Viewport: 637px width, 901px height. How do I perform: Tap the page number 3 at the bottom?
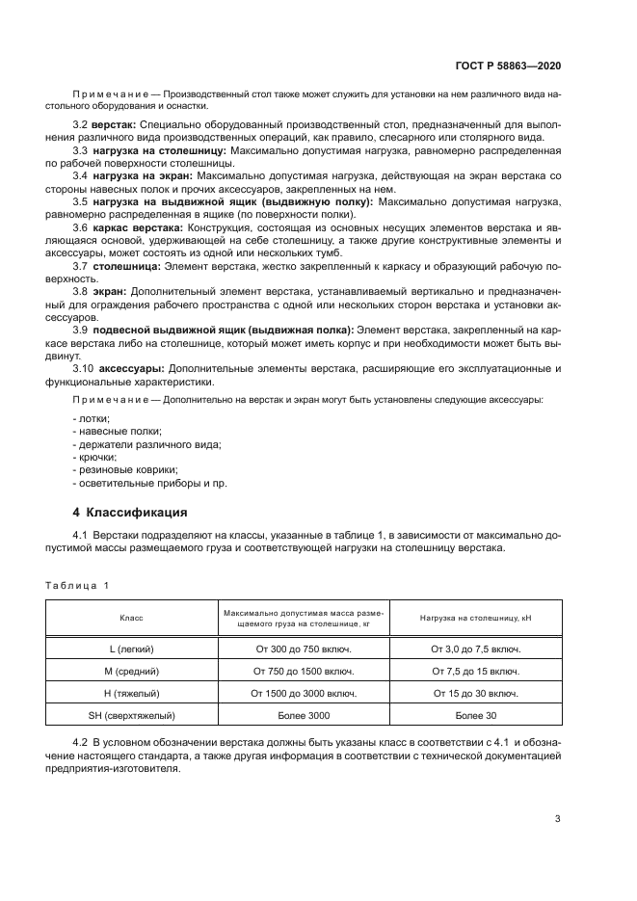[x=557, y=819]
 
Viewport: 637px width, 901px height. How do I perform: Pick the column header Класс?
[x=131, y=618]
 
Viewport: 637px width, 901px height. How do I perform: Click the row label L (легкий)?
[x=131, y=649]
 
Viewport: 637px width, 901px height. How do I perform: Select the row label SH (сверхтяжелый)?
[x=131, y=715]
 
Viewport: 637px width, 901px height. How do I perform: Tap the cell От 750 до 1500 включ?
[x=304, y=671]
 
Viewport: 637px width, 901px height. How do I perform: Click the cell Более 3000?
[x=304, y=715]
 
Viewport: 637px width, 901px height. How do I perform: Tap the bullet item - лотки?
[x=92, y=417]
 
